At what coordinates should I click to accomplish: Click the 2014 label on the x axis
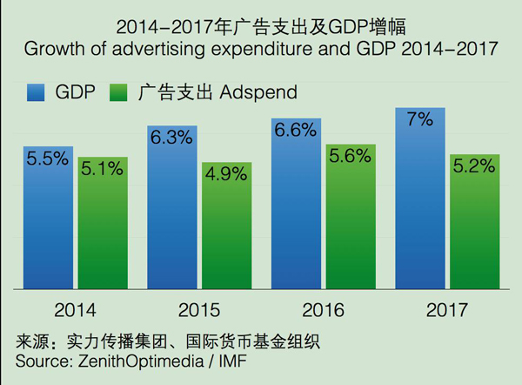tap(75, 310)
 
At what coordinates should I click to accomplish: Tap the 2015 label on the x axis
tap(199, 310)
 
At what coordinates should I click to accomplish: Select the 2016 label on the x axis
tap(323, 310)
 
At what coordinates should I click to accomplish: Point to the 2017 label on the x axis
tap(447, 310)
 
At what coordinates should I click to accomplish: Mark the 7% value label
tap(420, 120)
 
